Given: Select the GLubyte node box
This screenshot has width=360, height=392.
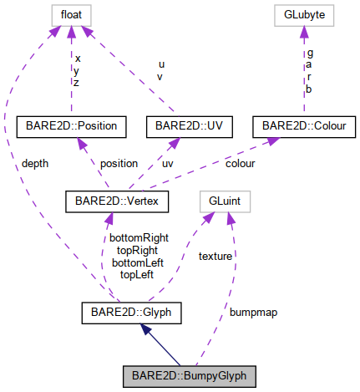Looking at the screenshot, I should click(x=305, y=15).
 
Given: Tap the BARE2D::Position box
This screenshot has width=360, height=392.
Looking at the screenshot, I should click(x=71, y=127).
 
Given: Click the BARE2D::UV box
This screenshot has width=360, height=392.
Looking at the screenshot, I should click(x=189, y=127).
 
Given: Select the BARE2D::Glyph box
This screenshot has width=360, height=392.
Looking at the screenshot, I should click(x=132, y=314).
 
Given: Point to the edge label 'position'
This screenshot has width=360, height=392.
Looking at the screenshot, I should click(x=119, y=163).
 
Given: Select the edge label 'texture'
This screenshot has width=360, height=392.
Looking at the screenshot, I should click(x=216, y=257).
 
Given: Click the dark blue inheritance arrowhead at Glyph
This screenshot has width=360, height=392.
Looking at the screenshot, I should click(x=145, y=329).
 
